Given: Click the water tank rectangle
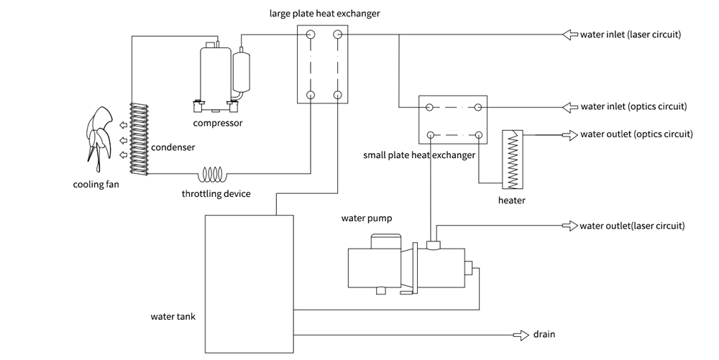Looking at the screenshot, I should click(x=249, y=284).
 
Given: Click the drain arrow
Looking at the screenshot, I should click(x=519, y=335).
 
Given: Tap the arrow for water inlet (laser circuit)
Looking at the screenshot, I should click(x=569, y=34).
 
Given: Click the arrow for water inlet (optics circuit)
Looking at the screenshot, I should click(x=569, y=107).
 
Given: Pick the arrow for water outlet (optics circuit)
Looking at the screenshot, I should click(x=569, y=134).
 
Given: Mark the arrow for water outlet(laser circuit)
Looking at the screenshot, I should click(x=569, y=226).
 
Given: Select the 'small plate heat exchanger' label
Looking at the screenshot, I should click(x=420, y=155).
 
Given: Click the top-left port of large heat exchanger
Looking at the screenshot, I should click(x=311, y=34).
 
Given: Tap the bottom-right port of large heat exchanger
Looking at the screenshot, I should click(x=337, y=96).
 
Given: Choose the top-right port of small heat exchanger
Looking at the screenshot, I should click(x=477, y=107).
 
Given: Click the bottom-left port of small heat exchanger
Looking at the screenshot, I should click(x=430, y=134).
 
